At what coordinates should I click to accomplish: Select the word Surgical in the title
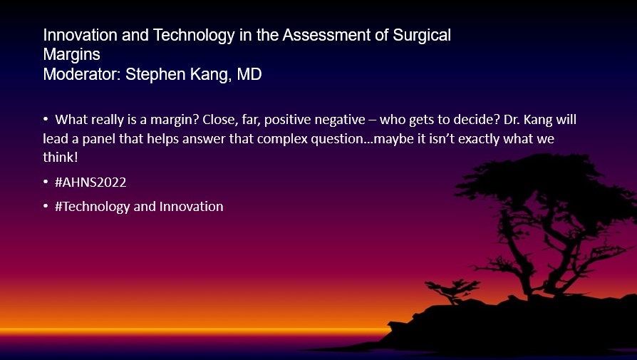(x=422, y=36)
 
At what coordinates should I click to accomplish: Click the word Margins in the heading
(x=71, y=55)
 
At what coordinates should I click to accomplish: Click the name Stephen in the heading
(x=155, y=75)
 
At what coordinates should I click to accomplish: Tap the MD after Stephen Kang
(x=249, y=74)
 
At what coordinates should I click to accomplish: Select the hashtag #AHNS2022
(x=90, y=182)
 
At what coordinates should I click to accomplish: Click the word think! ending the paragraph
(x=60, y=158)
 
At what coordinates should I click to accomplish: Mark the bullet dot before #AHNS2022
(x=46, y=182)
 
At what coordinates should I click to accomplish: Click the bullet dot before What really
(x=46, y=120)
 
